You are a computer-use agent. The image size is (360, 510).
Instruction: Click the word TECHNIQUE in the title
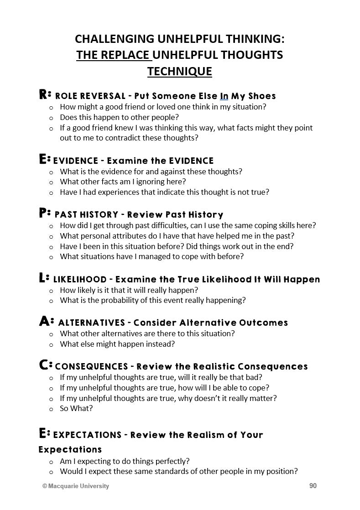click(x=179, y=72)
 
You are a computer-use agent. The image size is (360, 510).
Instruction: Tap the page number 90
click(x=313, y=486)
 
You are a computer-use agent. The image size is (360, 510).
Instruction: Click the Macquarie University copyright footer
click(x=76, y=486)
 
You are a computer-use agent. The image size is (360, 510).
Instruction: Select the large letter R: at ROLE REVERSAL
click(x=45, y=95)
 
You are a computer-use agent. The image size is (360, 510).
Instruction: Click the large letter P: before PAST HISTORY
click(x=45, y=213)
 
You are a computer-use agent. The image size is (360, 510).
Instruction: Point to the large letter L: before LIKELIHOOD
click(x=44, y=278)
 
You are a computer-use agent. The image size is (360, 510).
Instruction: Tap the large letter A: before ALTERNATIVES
click(x=46, y=322)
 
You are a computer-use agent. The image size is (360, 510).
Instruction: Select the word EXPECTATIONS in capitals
click(x=88, y=435)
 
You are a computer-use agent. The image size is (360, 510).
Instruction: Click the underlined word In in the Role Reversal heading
click(x=224, y=96)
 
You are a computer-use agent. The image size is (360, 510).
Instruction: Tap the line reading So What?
click(x=76, y=408)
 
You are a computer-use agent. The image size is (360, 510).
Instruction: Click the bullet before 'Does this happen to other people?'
click(x=51, y=118)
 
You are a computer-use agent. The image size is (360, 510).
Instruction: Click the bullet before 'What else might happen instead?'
click(x=51, y=344)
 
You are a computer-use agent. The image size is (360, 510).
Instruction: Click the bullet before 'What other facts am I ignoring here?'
click(x=51, y=182)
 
